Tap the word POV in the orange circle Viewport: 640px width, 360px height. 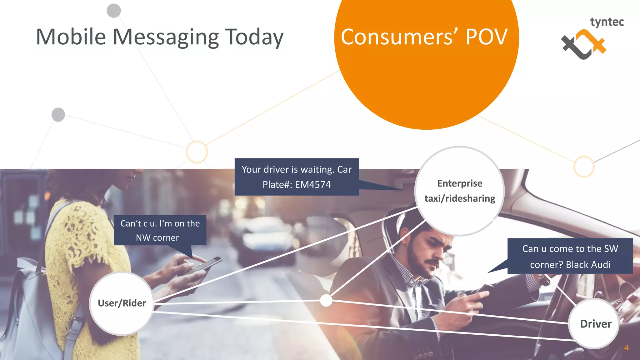point(486,37)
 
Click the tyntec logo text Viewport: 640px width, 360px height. point(607,22)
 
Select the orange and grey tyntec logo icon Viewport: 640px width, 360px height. point(583,44)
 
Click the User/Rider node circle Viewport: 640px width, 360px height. point(122,303)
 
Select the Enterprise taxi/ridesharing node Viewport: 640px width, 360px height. point(459,191)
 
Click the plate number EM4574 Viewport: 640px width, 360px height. point(313,185)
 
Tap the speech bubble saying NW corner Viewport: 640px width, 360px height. point(160,230)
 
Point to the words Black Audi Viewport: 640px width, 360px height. point(588,265)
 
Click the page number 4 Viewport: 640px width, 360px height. point(626,347)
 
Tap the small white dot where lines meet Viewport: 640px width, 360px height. point(326,300)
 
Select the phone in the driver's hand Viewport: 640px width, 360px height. point(483,289)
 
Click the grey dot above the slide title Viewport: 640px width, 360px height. point(114,11)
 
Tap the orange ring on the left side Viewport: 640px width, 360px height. point(197,152)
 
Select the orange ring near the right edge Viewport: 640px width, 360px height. point(584,166)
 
